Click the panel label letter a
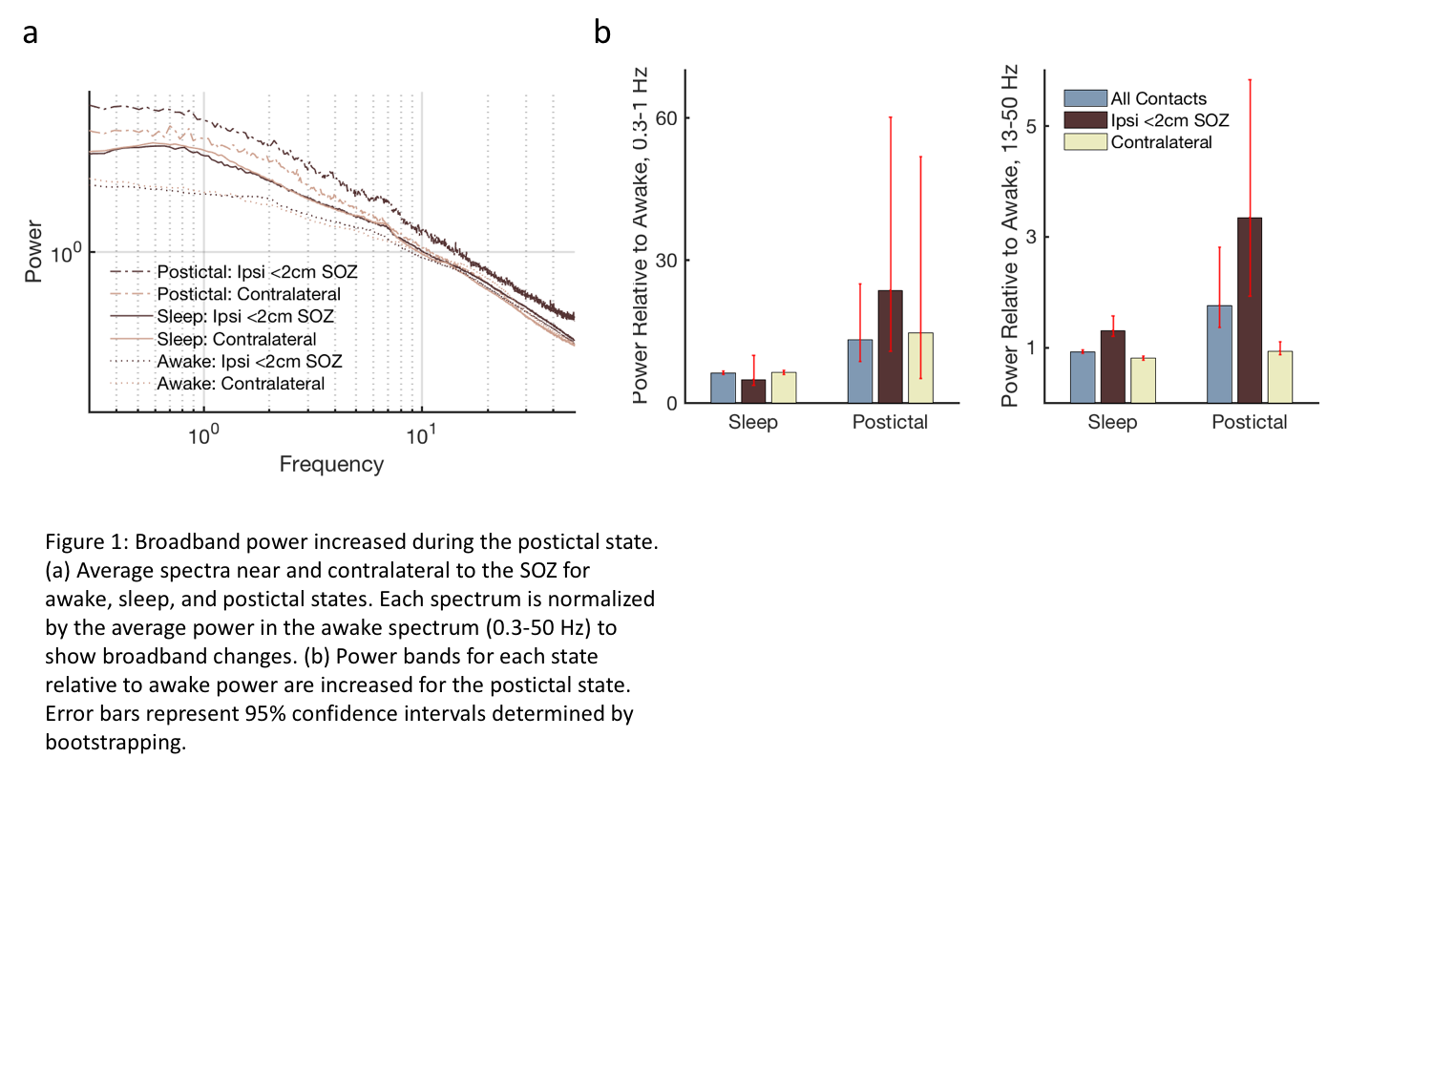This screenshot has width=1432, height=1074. (x=31, y=34)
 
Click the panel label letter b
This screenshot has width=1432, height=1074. (x=601, y=32)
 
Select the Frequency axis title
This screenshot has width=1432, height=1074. (x=331, y=464)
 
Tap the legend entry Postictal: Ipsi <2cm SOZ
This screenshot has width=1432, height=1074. (x=257, y=272)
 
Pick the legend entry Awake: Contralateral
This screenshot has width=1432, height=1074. (x=241, y=384)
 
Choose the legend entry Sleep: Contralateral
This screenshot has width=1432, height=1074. (x=236, y=339)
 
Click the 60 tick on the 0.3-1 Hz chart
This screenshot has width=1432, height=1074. (x=665, y=118)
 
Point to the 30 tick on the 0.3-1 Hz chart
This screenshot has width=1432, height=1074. (x=665, y=261)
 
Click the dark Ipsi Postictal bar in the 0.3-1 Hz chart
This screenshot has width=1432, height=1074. (x=890, y=347)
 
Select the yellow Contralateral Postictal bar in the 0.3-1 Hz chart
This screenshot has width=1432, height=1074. (x=920, y=368)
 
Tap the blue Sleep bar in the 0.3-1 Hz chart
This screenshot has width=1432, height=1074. (x=723, y=388)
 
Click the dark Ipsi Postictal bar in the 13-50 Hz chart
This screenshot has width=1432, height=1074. (x=1249, y=310)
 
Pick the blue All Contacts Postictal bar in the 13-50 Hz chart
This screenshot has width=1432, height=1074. (x=1219, y=354)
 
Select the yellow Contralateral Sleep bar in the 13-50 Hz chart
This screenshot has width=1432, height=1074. (x=1143, y=380)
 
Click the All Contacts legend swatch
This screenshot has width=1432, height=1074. (x=1085, y=98)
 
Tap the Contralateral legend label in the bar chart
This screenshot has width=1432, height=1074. (x=1161, y=142)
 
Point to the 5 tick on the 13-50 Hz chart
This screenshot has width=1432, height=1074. (x=1031, y=126)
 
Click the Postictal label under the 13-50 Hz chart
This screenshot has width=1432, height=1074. (x=1249, y=422)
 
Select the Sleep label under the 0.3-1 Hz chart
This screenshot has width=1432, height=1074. (x=752, y=422)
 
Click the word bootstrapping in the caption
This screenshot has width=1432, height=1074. (x=116, y=743)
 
